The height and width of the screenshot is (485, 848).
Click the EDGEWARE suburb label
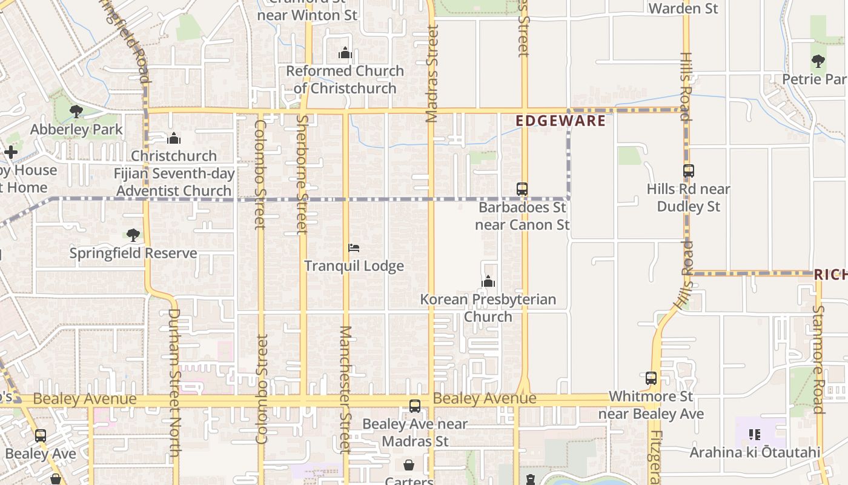(560, 121)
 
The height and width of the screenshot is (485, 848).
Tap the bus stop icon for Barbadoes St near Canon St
(522, 189)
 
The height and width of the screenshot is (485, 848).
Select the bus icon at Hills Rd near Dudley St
(688, 171)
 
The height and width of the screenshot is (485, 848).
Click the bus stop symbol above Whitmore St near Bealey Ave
(651, 378)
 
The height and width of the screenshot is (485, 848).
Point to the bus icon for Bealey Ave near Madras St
(415, 406)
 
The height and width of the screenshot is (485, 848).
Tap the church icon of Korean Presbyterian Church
(488, 281)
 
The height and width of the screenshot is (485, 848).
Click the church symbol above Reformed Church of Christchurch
(345, 53)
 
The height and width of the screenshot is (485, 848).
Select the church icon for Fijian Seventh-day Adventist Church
(174, 138)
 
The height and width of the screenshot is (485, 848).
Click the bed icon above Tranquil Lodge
(354, 248)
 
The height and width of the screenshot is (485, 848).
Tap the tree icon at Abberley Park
(76, 112)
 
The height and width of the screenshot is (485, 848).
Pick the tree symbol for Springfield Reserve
(133, 235)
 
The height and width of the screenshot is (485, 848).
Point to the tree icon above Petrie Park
(818, 61)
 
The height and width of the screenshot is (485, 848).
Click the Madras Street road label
(431, 73)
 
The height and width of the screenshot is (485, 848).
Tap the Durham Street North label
(174, 382)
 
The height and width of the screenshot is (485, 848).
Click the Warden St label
(683, 8)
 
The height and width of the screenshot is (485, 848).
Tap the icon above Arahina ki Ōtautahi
(755, 435)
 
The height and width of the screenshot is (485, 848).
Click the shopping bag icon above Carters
(409, 465)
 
